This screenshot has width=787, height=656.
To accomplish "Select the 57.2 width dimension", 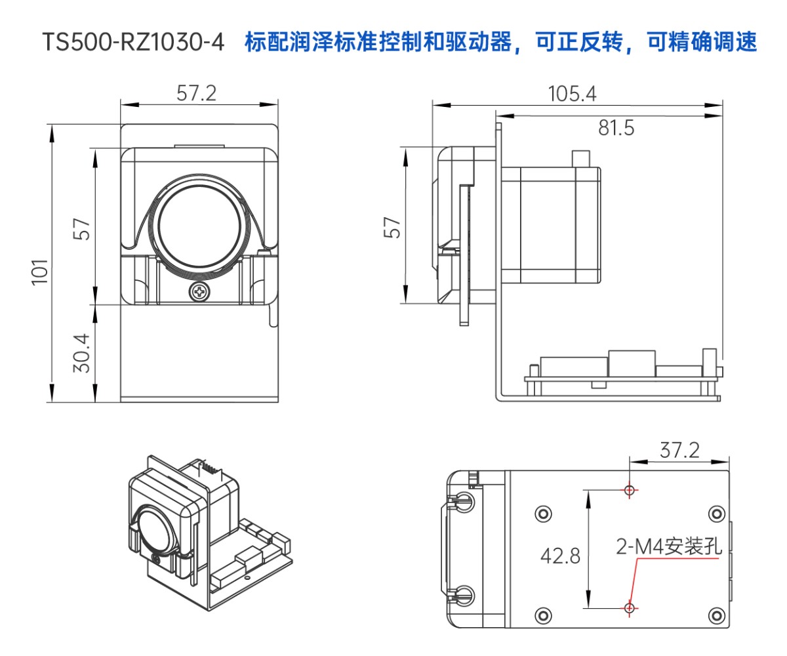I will point(196,93).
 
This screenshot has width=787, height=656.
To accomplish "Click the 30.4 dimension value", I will point(81,353).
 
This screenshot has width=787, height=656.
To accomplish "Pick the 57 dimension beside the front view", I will point(81,228).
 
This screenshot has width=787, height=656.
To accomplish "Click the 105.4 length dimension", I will point(572,94).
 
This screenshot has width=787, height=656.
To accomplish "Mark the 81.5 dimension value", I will point(616,129).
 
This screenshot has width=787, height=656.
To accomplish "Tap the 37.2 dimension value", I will point(679,451).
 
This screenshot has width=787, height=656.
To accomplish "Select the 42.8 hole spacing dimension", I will point(560,556).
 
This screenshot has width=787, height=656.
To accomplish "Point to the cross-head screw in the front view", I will point(199,292).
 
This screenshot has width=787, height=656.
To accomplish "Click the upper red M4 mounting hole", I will point(630,489).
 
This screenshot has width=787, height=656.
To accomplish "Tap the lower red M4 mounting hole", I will point(630,608).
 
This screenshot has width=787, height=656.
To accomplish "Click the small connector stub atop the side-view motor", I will point(581,158).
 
